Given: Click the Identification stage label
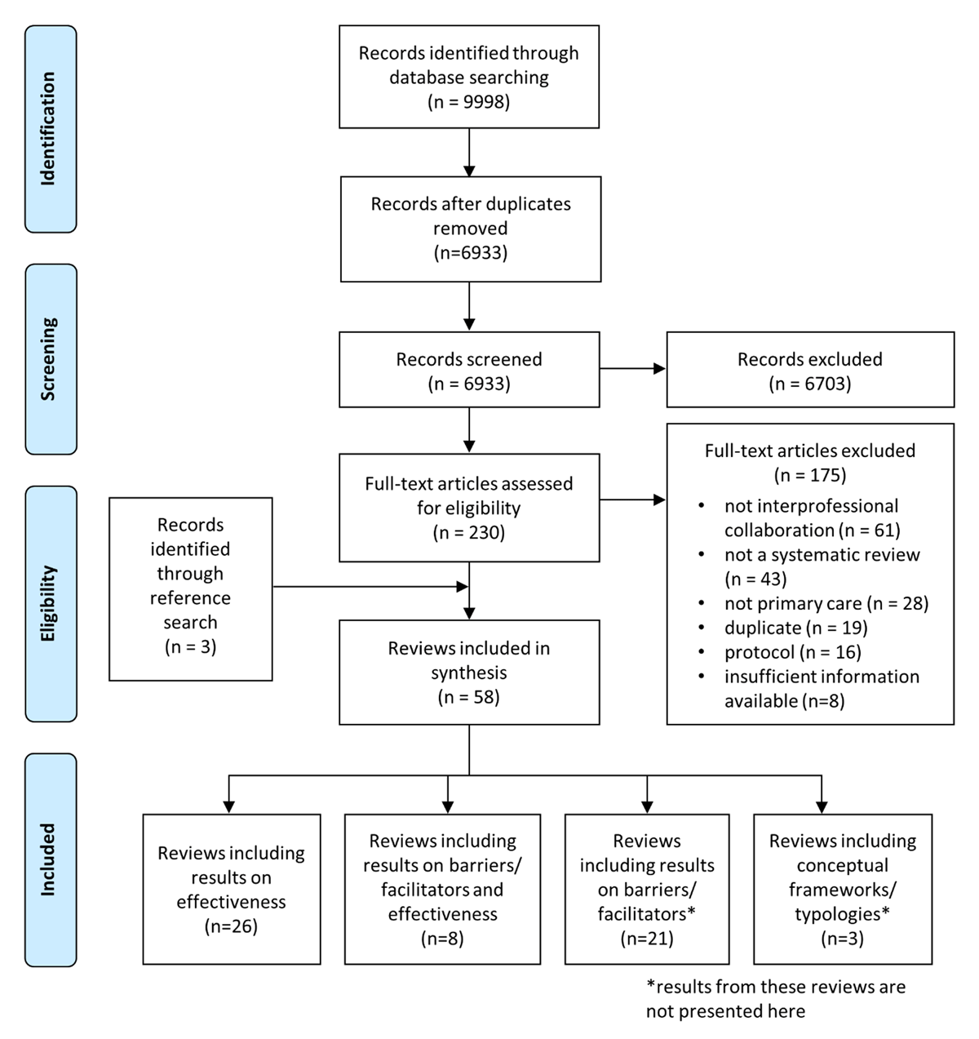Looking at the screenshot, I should [50, 129].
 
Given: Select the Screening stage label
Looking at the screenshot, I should [50, 358].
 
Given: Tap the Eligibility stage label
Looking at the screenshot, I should [50, 603].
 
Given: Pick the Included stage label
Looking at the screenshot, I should [50, 859].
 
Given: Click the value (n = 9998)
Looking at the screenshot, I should [469, 102].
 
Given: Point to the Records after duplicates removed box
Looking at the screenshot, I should [470, 229].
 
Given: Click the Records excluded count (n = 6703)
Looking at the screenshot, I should [810, 384].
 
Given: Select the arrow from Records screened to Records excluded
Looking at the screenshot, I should [633, 369].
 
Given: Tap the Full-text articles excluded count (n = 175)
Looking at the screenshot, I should [810, 475].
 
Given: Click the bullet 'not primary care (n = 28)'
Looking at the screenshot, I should [826, 603].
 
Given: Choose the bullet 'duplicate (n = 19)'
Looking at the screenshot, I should [795, 628].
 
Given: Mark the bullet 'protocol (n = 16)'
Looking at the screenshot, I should [792, 652].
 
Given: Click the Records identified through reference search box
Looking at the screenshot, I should [190, 588].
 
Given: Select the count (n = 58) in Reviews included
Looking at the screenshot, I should [469, 697].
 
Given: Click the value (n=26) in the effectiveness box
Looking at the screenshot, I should [231, 926].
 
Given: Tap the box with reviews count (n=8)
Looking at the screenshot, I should [442, 889].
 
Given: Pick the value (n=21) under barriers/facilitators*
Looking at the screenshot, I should [647, 939].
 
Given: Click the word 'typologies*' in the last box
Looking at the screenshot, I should [842, 914].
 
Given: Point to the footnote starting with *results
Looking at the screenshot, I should [775, 999].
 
